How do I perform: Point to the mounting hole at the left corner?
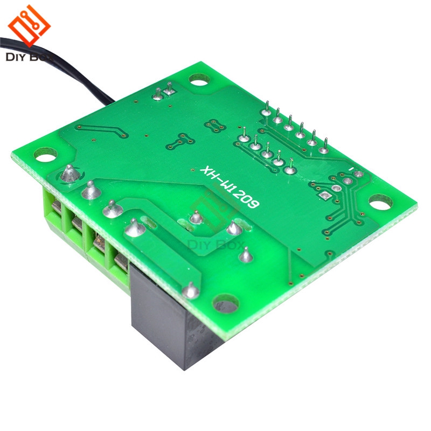click(x=45, y=154)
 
